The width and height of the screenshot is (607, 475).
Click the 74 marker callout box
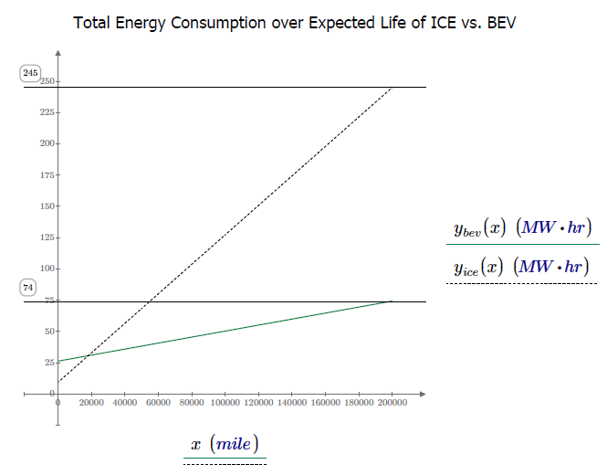tap(28, 287)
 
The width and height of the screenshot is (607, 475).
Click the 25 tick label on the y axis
tap(48, 363)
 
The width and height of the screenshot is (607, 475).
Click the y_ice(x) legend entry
tap(521, 268)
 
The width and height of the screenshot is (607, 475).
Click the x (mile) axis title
tap(225, 444)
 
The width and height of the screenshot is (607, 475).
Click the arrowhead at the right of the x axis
tap(424, 394)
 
